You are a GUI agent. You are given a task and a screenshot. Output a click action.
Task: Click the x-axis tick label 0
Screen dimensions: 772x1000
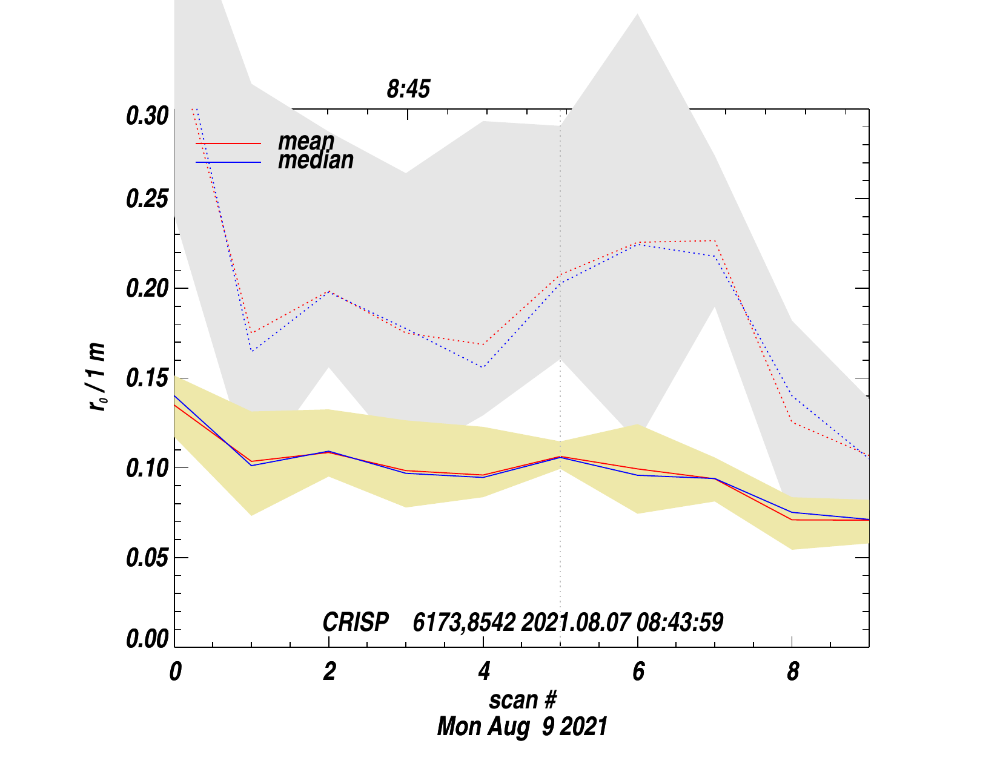point(175,672)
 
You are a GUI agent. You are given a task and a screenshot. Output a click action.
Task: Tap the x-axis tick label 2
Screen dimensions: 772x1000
point(329,672)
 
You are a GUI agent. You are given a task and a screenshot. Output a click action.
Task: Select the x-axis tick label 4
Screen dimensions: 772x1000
point(483,672)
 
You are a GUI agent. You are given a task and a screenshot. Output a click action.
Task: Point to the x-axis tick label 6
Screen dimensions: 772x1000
point(638,672)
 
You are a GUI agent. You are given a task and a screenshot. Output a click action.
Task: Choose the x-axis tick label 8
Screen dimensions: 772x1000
point(793,672)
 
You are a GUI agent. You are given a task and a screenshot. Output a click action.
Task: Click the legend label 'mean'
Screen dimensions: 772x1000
point(306,142)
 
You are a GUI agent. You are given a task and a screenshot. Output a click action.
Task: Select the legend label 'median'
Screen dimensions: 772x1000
point(316,160)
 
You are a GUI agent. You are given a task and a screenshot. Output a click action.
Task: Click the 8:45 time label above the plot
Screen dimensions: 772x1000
point(408,90)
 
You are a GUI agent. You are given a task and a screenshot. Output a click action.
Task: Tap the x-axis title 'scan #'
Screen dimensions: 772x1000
point(522,700)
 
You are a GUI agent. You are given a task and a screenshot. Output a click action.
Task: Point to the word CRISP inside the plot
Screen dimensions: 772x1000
point(356,622)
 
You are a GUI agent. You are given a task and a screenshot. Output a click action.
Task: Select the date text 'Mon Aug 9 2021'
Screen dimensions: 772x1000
point(522,726)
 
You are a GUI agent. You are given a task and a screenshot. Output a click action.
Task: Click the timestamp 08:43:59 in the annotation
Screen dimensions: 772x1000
point(680,622)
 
